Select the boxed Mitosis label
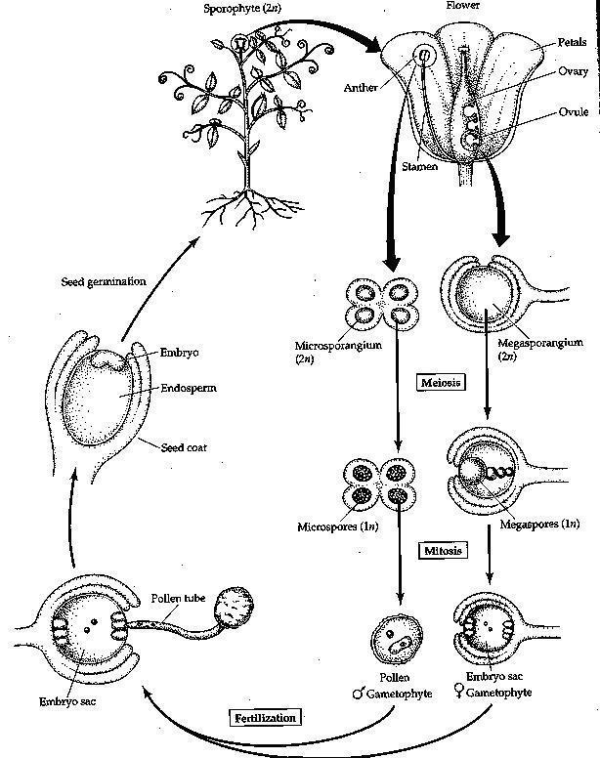[444, 551]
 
